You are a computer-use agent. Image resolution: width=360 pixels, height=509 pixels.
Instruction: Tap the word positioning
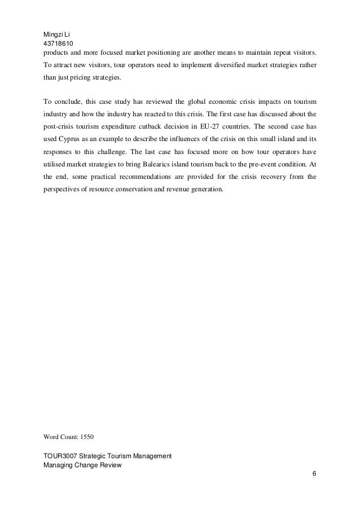155,52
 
